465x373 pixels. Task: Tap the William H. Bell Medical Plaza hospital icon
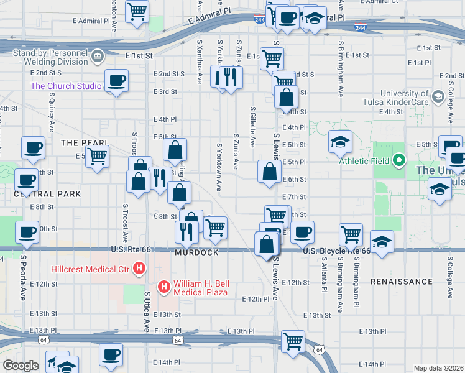164,287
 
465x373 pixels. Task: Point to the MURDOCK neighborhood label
196,253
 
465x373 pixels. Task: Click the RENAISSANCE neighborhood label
401,282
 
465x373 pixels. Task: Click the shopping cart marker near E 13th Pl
293,340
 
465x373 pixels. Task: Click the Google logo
21,366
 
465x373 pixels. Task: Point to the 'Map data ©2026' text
438,368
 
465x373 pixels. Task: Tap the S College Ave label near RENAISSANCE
449,277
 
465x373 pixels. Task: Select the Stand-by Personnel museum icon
98,57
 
